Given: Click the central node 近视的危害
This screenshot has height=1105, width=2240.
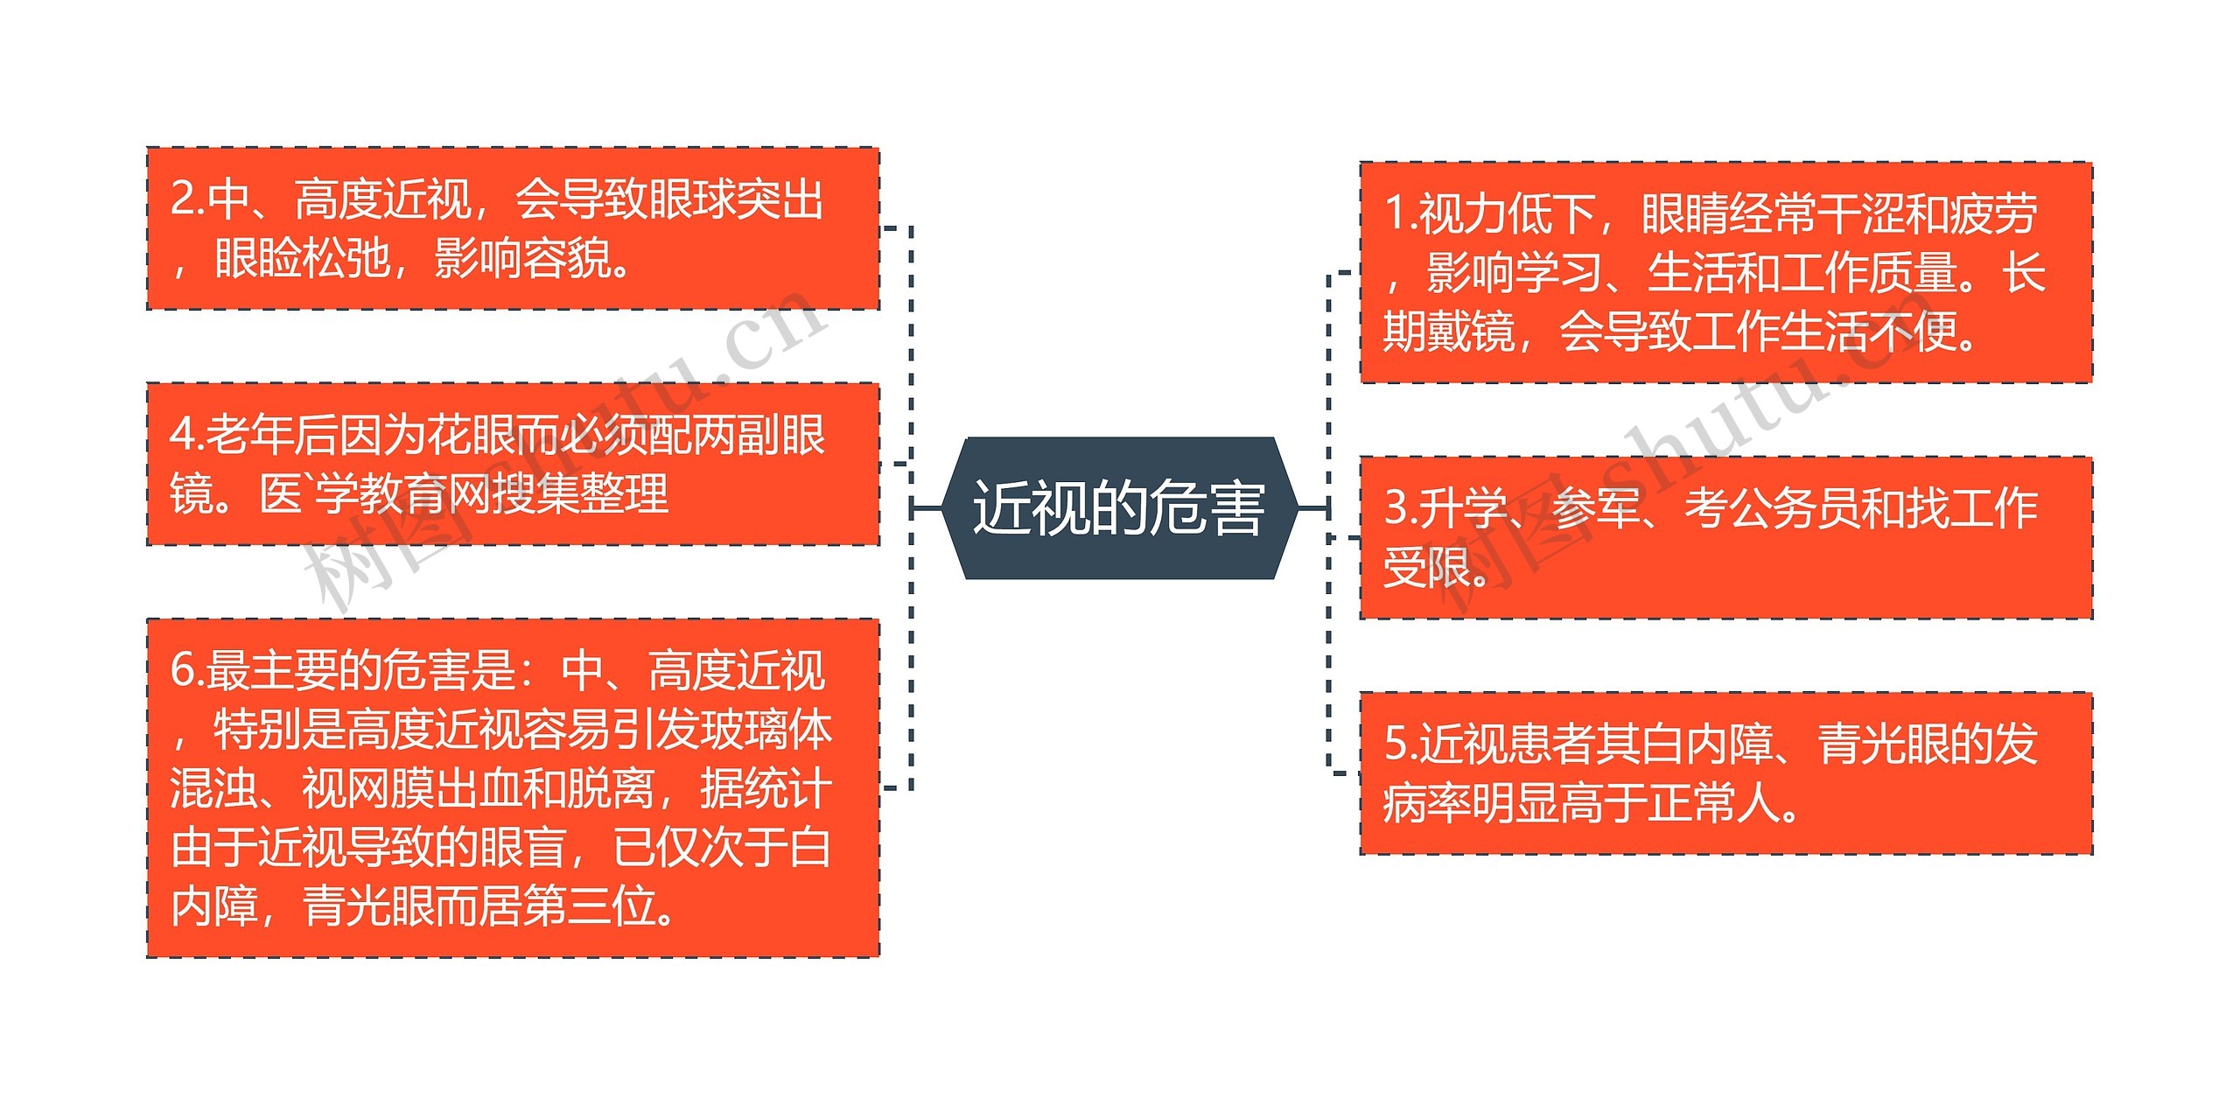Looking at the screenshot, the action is (1118, 508).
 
